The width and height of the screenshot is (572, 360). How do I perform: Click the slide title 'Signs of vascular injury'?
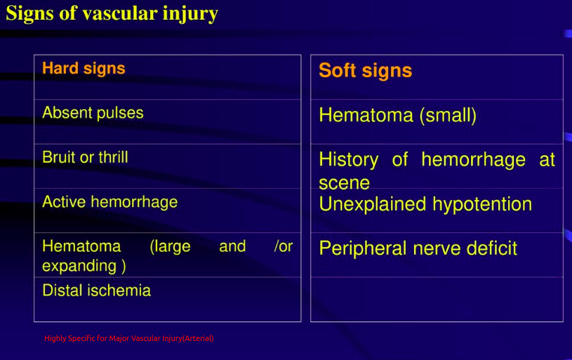112,14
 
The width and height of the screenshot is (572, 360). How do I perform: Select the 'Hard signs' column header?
84,69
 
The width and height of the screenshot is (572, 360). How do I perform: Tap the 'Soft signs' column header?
365,71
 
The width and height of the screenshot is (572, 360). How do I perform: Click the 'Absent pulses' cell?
93,113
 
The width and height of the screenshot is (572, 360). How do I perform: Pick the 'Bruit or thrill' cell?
85,157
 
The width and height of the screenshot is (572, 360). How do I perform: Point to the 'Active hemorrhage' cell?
109,202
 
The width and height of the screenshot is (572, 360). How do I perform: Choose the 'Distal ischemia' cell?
96,290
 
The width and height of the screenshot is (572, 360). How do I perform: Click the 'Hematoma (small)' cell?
397,115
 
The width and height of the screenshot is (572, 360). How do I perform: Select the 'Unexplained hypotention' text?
425,204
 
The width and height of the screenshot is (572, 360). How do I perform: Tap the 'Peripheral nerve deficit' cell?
418,248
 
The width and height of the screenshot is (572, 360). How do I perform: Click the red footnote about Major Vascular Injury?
128,338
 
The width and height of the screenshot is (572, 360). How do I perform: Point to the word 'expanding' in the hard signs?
79,266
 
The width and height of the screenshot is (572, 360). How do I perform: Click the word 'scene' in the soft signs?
344,182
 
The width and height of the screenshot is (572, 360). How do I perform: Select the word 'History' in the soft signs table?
348,160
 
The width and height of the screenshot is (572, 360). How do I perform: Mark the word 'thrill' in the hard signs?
113,157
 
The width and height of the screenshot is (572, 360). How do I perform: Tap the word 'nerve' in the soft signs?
432,248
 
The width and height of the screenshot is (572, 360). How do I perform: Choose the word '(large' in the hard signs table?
170,246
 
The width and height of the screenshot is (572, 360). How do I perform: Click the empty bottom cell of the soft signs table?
437,300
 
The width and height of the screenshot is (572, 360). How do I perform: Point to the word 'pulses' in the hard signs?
121,113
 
